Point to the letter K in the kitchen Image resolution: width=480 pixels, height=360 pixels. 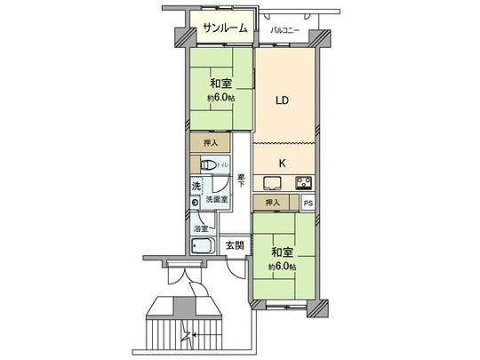click(x=283, y=163)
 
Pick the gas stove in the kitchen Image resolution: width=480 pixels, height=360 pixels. click(x=304, y=184)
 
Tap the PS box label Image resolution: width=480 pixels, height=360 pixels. click(x=308, y=204)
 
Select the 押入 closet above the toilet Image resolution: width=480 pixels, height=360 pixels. click(x=210, y=142)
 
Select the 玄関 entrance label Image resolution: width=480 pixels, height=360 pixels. click(x=234, y=245)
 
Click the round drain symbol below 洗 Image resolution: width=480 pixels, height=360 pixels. click(x=195, y=204)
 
